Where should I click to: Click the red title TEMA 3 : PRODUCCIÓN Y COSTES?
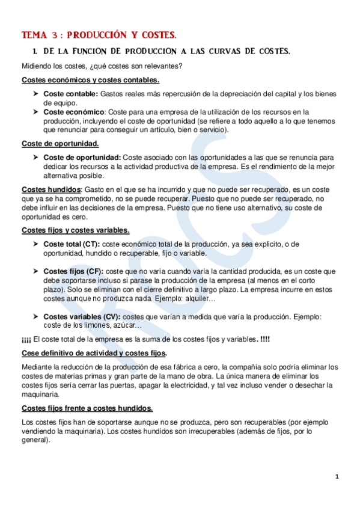point(99,35)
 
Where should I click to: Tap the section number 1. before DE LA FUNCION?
point(35,52)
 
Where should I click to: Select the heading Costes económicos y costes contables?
point(90,80)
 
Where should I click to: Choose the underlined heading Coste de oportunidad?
point(60,144)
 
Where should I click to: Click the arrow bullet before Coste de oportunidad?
point(36,157)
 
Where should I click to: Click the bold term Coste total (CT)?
point(72,244)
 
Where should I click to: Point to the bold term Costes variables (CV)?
point(82,316)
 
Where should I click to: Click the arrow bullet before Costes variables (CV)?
point(36,316)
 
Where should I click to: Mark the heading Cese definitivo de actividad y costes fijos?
point(94,352)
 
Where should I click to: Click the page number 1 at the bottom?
point(337,477)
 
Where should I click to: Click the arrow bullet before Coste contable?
point(36,94)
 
